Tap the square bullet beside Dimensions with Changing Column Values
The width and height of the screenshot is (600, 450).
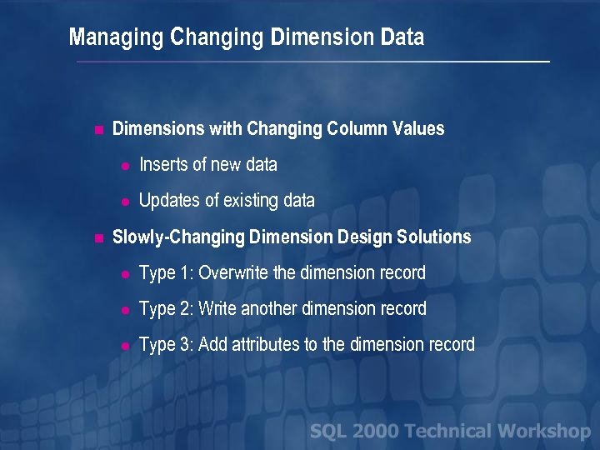pos(98,130)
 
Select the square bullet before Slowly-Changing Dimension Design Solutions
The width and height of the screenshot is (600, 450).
pos(98,238)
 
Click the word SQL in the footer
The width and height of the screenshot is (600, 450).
pos(328,431)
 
